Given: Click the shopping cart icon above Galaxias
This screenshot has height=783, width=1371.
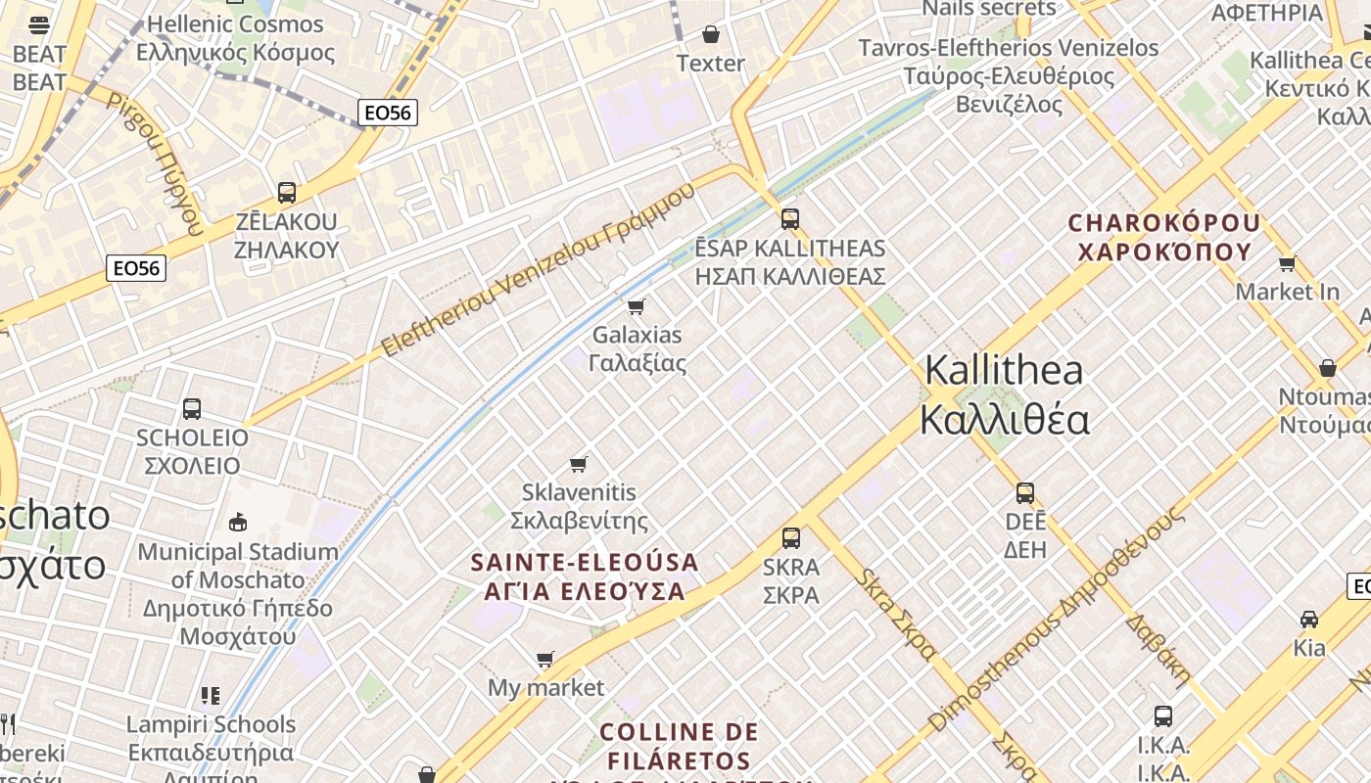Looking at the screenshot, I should pos(636,307).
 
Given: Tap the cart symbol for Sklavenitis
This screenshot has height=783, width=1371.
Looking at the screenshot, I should pos(579,464).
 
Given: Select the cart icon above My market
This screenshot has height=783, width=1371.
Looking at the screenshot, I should pos(545,660).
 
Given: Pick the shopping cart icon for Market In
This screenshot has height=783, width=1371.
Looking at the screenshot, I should pos(1287,263).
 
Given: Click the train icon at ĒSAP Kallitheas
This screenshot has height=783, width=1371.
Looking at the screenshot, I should pos(790,219).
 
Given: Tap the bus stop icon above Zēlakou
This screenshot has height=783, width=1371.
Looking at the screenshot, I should pos(287,193).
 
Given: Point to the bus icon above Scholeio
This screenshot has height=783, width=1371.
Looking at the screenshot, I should pos(192,409).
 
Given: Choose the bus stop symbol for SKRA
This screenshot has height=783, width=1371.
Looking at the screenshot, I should pos(791,537).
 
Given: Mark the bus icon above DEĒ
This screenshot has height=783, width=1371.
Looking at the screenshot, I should pos(1025,493).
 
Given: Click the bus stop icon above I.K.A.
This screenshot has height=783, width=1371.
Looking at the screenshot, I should pos(1163,716).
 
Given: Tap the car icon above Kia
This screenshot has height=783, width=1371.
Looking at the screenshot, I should pos(1309,620).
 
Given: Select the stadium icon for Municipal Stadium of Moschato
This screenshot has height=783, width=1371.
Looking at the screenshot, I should pos(237,523).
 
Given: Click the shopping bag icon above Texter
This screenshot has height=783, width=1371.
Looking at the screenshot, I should pos(711,35).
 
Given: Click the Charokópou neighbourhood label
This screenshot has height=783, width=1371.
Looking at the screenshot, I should pos(1164,238).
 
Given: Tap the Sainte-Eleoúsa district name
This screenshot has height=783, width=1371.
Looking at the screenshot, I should pos(586,576).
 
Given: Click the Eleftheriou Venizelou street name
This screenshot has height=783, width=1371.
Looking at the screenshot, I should pos(538,268).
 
